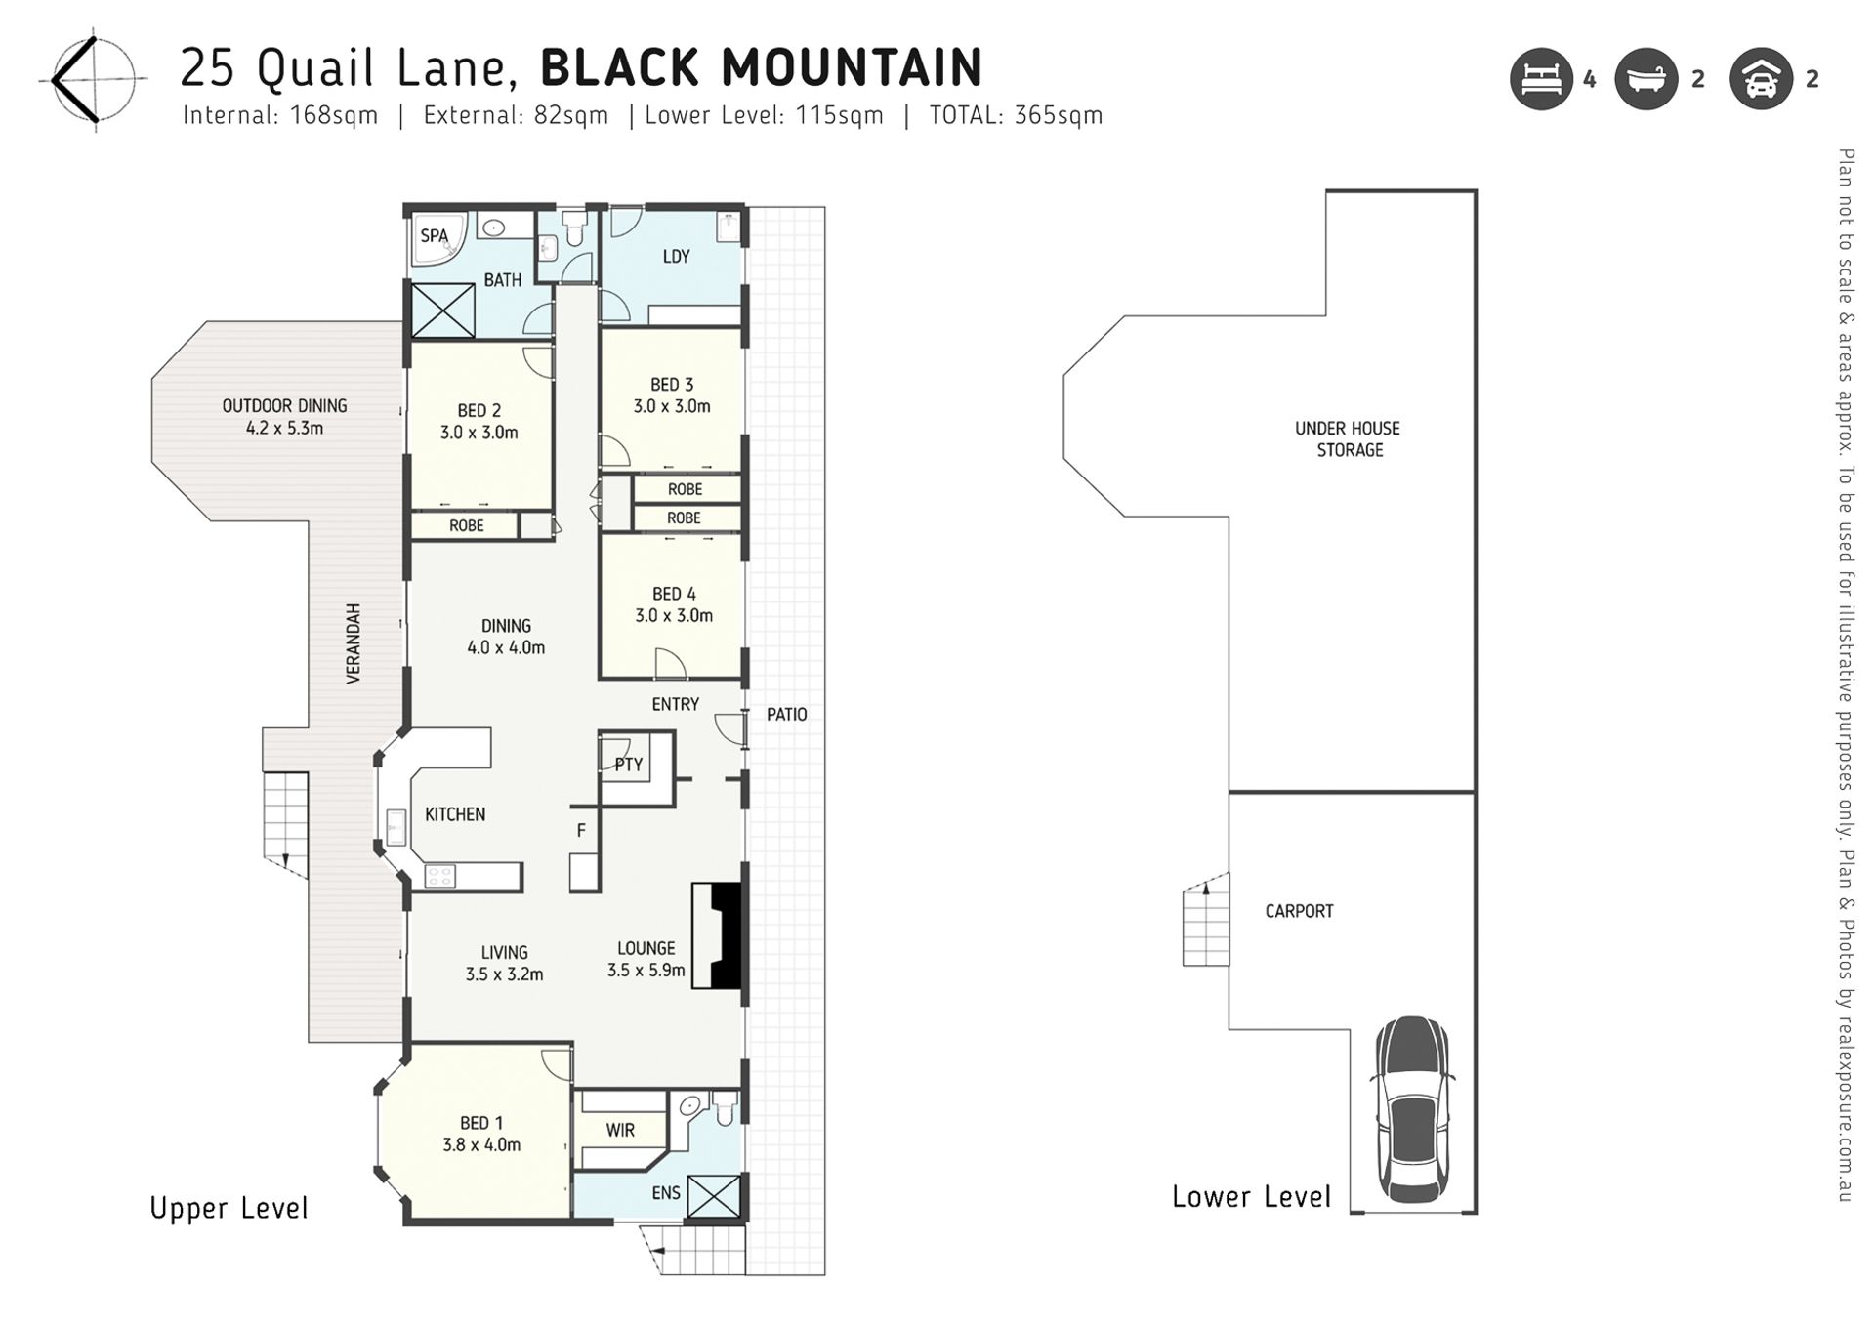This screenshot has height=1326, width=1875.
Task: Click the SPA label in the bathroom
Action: coord(434,235)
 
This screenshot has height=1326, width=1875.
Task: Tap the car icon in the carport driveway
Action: coord(1412,1109)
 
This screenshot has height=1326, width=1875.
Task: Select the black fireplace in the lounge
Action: coord(725,936)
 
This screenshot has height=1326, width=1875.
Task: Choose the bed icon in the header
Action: coord(1541,79)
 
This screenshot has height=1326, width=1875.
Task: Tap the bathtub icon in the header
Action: coord(1646,79)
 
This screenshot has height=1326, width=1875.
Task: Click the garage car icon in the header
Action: coord(1761,79)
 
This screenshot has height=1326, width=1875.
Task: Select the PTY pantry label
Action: coord(629,765)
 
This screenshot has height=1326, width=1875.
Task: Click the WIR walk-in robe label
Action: coord(620,1130)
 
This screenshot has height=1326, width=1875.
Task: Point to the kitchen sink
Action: coord(396,828)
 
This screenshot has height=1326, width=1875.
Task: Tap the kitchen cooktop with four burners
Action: coord(440,876)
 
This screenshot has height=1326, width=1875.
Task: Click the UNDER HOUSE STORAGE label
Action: coord(1348,438)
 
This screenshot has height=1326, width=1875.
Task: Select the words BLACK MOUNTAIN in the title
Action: coord(761,67)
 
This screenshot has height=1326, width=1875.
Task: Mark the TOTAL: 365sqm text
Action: coord(1016,115)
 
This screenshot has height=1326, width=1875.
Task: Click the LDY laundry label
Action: coord(676,257)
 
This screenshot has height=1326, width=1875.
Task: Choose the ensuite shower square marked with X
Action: coord(713,1196)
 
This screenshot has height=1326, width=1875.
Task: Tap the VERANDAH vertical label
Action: coord(354,642)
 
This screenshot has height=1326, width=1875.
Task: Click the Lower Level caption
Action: coord(1251,1197)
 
